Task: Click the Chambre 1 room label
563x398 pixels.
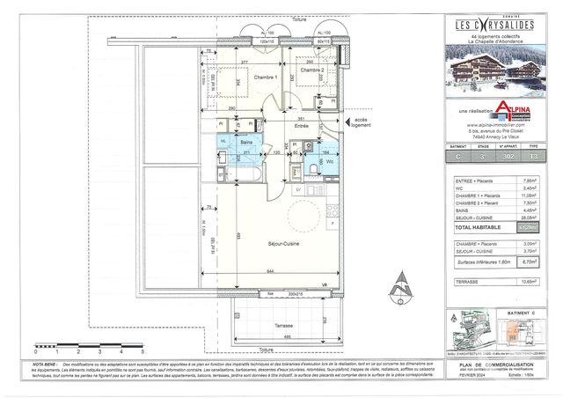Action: (x=265, y=77)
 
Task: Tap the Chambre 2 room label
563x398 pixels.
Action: (x=312, y=70)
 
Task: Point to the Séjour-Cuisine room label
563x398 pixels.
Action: (x=281, y=239)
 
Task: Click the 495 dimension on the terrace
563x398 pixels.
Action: (x=287, y=337)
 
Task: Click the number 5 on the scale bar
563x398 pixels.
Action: (x=143, y=350)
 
